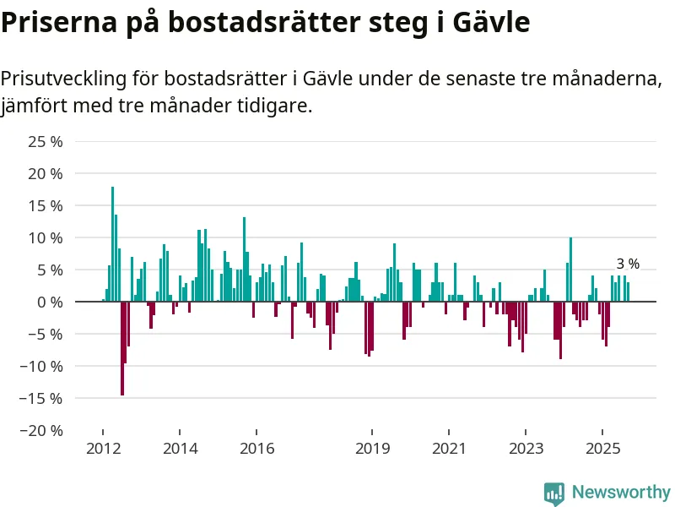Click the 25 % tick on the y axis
coord(46,141)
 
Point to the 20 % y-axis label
coord(46,173)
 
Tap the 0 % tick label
coord(51,302)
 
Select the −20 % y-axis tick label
coord(41,430)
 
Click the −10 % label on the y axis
coord(41,366)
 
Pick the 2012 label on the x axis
coord(102,448)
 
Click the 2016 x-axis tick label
coord(257,448)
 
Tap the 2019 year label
coord(372,448)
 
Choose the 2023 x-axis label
coord(526,448)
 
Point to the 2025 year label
coord(603,448)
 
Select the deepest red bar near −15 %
coord(122,348)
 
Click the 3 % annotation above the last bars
coord(627,264)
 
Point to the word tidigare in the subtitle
coord(273,107)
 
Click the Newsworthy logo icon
coord(554,493)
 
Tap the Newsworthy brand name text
coord(621,493)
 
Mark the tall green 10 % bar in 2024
coord(571,269)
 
